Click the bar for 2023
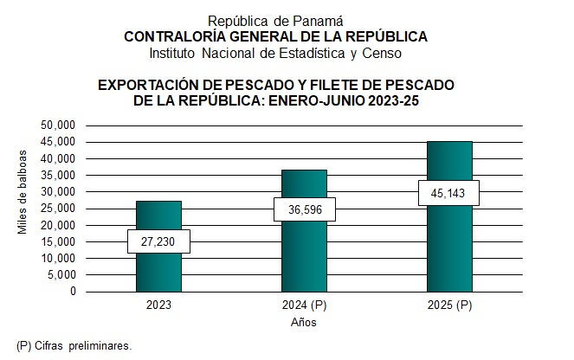158,260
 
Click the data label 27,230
158,241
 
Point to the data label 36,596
304,210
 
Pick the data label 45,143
449,192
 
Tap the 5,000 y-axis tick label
63,275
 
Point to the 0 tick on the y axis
74,292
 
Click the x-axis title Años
303,323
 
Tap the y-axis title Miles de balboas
23,192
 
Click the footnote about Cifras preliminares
74,345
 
